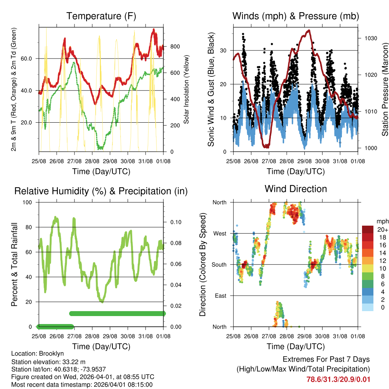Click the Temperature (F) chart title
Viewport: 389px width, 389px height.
click(101, 16)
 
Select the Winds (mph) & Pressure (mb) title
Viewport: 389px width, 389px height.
click(296, 16)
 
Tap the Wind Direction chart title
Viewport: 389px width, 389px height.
click(296, 189)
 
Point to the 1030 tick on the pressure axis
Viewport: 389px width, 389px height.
click(370, 38)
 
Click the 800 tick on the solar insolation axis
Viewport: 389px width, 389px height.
click(175, 46)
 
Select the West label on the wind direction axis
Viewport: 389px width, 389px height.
click(219, 233)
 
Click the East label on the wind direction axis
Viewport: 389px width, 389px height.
click(220, 296)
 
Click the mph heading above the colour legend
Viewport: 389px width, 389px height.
click(382, 221)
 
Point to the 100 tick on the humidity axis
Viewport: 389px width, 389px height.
click(28, 202)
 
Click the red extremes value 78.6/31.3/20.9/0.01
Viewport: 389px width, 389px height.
click(338, 379)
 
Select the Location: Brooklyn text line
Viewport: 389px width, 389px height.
click(38, 354)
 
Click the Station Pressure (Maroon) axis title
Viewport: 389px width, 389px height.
click(385, 89)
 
